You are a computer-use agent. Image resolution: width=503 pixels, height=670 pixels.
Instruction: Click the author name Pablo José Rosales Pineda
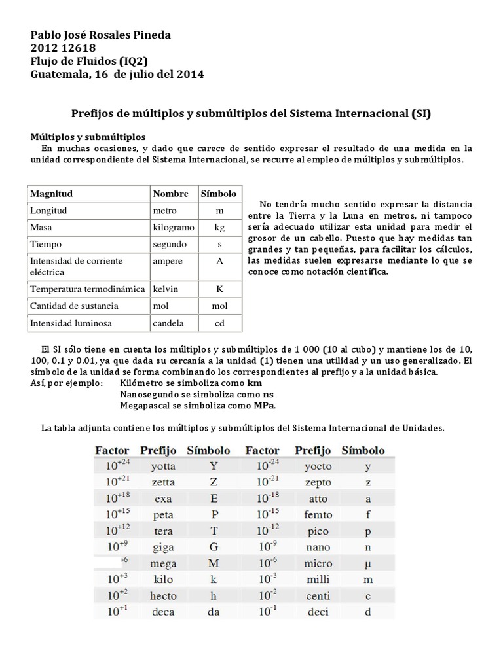tap(101, 35)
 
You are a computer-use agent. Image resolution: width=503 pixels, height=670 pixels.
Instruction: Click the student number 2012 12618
tap(64, 48)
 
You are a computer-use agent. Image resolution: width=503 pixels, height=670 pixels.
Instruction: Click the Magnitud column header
tap(51, 194)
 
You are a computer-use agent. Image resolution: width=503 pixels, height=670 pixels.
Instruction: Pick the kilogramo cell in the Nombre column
tap(173, 228)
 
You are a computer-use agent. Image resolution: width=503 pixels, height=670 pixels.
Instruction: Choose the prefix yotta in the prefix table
tap(162, 467)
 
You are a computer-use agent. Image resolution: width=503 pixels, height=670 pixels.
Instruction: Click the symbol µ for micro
tap(367, 563)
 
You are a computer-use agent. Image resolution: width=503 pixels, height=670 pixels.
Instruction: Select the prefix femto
tap(318, 515)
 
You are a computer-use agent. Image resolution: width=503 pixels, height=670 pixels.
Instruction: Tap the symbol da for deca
tap(213, 612)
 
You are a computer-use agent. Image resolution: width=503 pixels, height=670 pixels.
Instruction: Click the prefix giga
tap(162, 547)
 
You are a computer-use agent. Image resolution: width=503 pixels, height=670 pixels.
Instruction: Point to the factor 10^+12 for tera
tap(111, 531)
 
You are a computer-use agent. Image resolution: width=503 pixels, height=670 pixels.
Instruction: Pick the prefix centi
tap(318, 595)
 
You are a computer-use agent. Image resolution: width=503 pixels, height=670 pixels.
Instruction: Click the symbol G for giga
tap(213, 547)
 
